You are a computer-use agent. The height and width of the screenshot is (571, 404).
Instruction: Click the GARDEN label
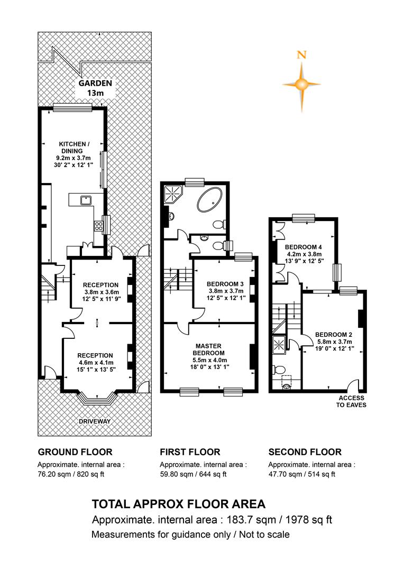(95, 83)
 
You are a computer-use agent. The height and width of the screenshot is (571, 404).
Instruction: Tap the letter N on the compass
(301, 56)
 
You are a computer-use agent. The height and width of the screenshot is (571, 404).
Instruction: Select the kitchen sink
(86, 200)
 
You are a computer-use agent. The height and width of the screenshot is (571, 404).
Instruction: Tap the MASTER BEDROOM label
(208, 349)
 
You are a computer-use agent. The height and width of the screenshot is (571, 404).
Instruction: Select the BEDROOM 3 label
(225, 284)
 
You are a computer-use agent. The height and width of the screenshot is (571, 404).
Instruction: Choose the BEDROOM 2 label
(333, 335)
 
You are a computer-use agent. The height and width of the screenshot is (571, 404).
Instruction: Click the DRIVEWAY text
(95, 421)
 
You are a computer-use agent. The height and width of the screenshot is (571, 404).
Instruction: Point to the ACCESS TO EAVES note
(351, 401)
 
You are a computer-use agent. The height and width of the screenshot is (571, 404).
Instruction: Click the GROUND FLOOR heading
(75, 452)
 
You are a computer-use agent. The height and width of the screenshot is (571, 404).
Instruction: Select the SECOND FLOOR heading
(305, 452)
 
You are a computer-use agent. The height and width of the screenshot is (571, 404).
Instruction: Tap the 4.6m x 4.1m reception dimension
(95, 363)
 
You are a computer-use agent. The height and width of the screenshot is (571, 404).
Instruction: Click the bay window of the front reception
(97, 399)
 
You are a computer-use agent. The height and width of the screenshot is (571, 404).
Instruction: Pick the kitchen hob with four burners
(98, 226)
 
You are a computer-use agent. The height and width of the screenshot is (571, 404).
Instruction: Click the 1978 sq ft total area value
(309, 520)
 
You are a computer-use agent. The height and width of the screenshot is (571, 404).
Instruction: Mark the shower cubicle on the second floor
(279, 345)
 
